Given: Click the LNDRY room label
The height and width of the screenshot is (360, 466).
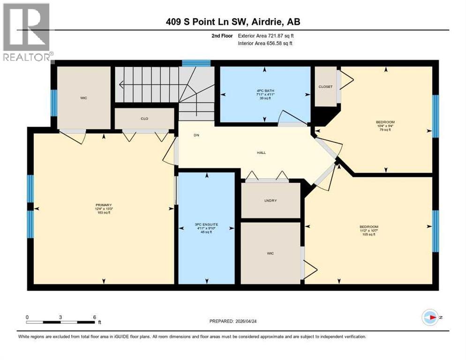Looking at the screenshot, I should pos(270,200).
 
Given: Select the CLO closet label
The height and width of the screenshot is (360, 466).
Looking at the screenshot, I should pos(144,119).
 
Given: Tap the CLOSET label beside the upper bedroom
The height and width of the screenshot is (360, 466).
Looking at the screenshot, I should pos(325,87).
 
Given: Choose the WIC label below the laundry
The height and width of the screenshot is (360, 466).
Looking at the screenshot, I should pos(270,253).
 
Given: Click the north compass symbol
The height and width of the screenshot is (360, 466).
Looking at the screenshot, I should pos(430,318).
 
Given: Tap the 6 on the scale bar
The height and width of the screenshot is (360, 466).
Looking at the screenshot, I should pos(95,317).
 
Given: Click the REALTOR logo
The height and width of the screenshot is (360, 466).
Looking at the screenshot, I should pos(27,32).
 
